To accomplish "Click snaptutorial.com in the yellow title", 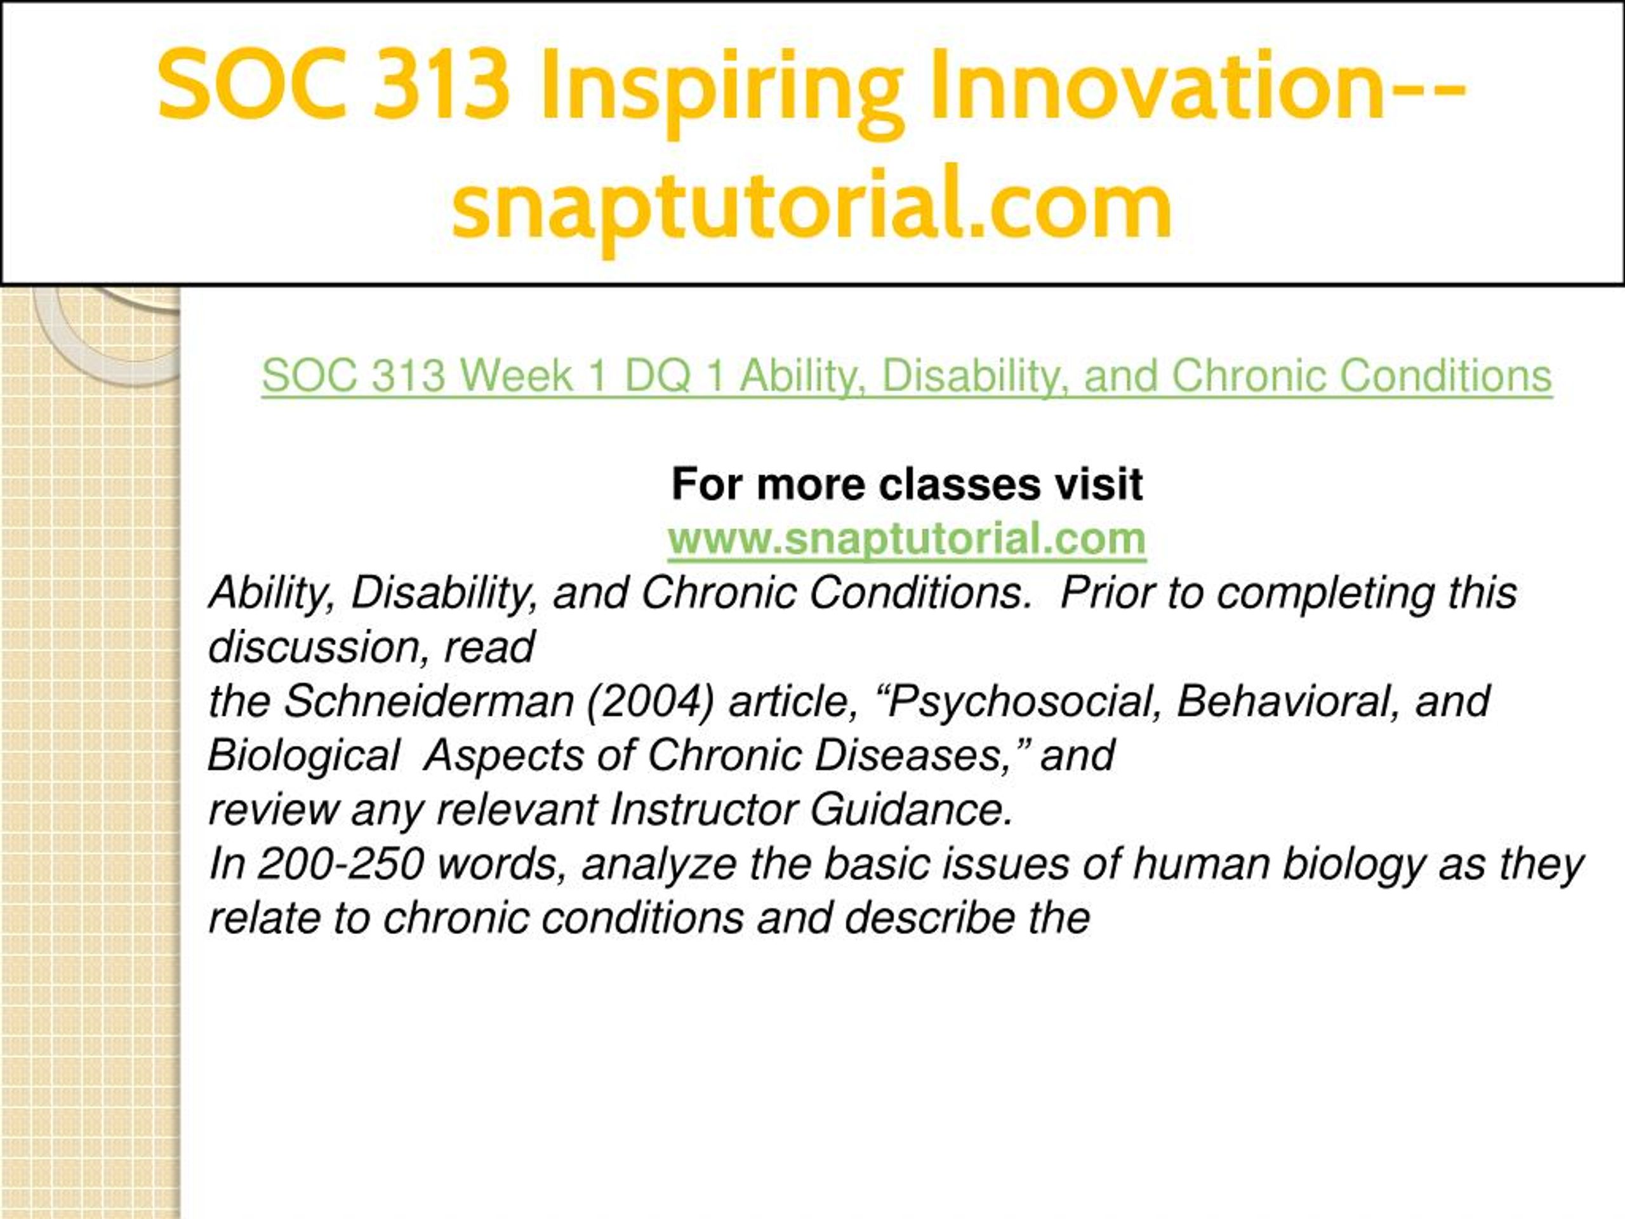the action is coord(812,204).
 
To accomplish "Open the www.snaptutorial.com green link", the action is coord(907,539).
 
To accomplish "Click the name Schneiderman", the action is coord(428,701).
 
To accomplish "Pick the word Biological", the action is coord(303,756).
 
